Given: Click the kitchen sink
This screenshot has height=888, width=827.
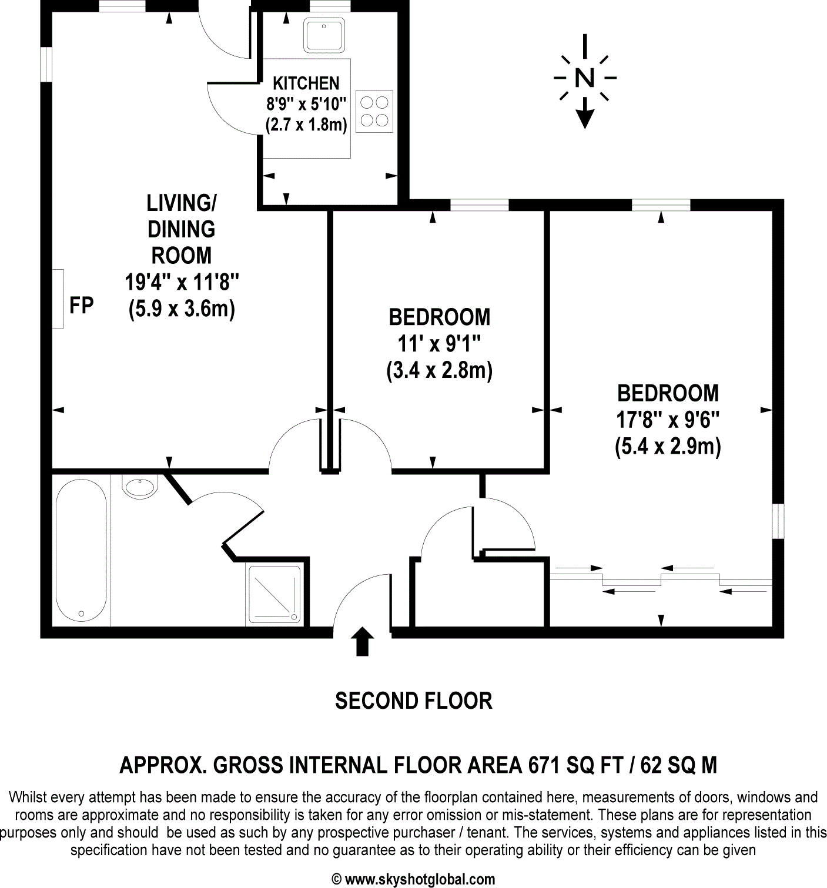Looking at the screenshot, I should pyautogui.click(x=325, y=35).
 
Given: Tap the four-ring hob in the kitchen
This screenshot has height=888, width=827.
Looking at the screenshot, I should pyautogui.click(x=374, y=111).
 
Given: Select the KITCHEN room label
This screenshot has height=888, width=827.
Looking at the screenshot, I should pyautogui.click(x=306, y=83).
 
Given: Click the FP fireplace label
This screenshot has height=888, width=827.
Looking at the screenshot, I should pyautogui.click(x=82, y=306).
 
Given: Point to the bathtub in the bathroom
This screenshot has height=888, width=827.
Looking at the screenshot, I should pyautogui.click(x=81, y=549).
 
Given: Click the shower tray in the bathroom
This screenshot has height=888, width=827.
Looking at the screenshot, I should pyautogui.click(x=274, y=594).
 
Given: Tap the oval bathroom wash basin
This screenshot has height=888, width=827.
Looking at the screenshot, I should pyautogui.click(x=140, y=486).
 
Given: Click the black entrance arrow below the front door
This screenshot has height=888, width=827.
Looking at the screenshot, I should pyautogui.click(x=362, y=641).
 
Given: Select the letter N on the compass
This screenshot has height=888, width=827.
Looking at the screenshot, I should pyautogui.click(x=584, y=78).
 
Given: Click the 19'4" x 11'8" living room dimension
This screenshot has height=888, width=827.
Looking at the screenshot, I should pyautogui.click(x=182, y=283).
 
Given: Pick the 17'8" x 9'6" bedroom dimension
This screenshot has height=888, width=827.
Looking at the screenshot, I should pyautogui.click(x=668, y=420).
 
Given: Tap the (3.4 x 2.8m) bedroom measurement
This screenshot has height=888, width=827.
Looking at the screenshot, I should pyautogui.click(x=439, y=371).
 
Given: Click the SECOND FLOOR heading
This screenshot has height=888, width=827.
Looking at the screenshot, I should pyautogui.click(x=413, y=701).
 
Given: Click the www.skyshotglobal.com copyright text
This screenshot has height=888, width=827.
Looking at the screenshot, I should pyautogui.click(x=420, y=879).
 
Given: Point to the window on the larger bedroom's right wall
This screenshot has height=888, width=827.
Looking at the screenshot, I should pyautogui.click(x=778, y=521).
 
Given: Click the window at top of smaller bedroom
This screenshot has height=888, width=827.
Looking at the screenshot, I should pyautogui.click(x=479, y=205).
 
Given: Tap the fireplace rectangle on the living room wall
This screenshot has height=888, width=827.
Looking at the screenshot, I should pyautogui.click(x=58, y=299).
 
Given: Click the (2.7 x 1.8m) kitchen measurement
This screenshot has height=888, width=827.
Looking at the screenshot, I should pyautogui.click(x=306, y=125).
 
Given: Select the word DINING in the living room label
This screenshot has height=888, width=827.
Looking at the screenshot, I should pyautogui.click(x=182, y=229).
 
